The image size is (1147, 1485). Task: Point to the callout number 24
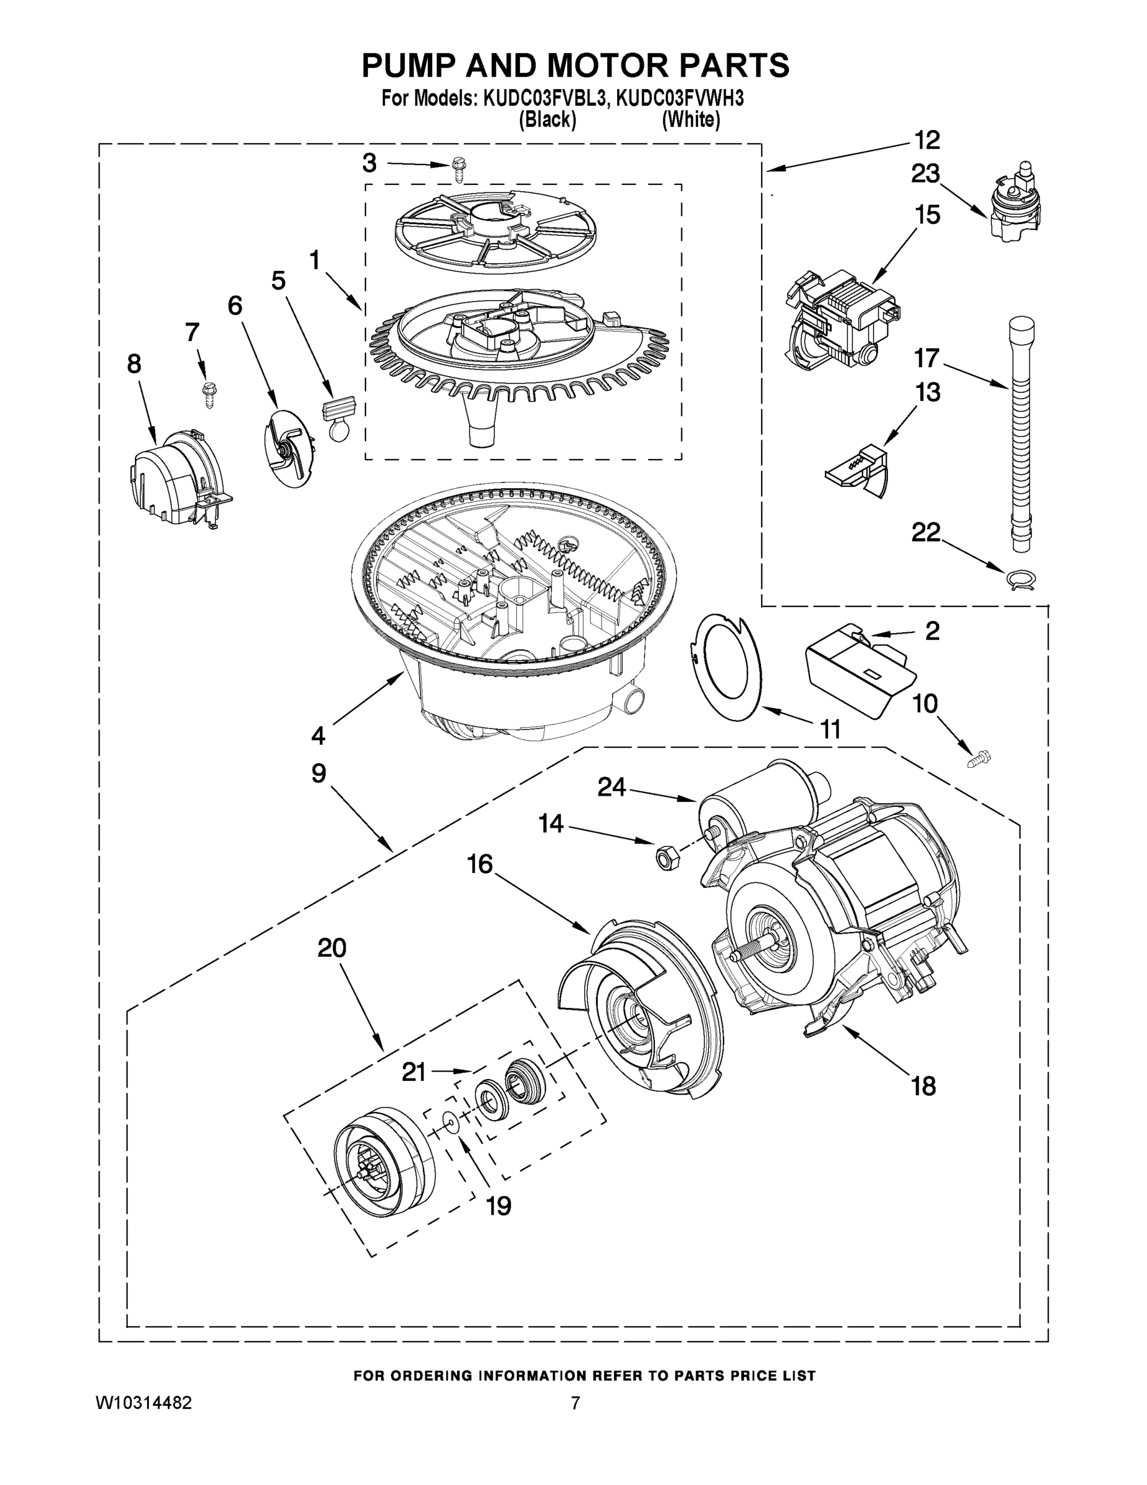612,786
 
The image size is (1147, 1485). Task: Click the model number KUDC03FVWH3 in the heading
680,99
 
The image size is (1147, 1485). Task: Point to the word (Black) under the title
547,121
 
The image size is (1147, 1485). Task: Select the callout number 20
332,948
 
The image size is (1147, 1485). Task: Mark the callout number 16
479,864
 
